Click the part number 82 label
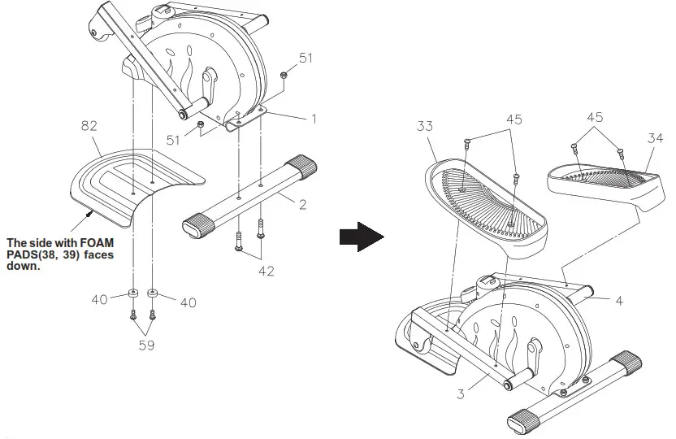[90, 127]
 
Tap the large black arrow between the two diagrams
[361, 236]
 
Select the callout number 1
[313, 118]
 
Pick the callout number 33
[425, 128]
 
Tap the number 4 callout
[619, 301]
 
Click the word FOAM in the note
[96, 242]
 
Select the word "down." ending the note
[22, 265]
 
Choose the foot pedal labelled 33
[479, 203]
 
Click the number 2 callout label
[301, 204]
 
